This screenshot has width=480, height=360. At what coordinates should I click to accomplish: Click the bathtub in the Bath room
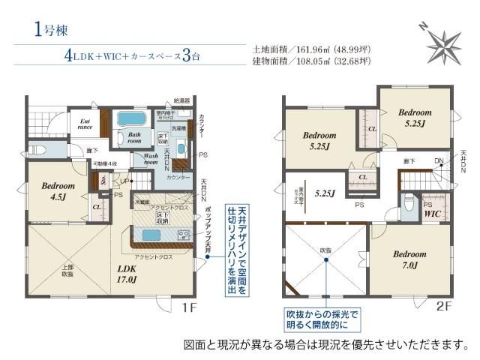pos(134,120)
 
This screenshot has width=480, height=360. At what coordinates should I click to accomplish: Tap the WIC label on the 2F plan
pos(433,214)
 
